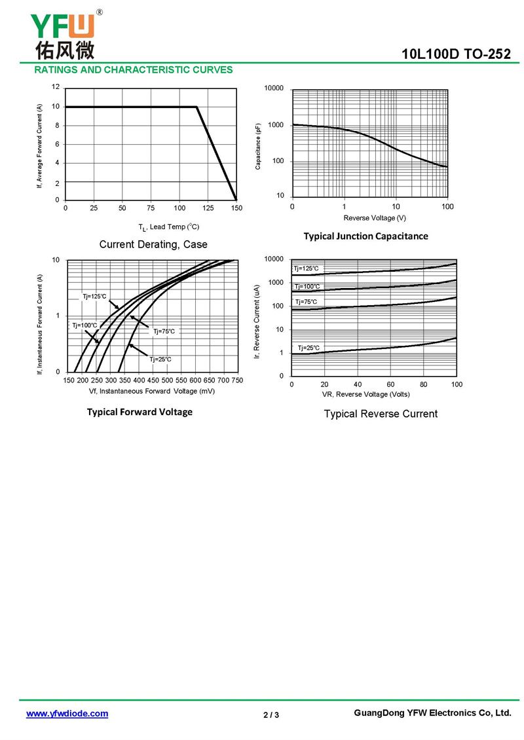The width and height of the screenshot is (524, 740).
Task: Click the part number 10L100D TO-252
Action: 457,54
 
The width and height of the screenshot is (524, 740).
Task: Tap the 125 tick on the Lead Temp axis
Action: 208,208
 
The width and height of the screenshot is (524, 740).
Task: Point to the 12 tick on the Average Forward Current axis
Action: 56,87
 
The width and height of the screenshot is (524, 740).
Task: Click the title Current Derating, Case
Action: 153,244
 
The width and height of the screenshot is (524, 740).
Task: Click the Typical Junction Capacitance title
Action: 365,236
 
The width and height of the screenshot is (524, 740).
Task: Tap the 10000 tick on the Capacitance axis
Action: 274,88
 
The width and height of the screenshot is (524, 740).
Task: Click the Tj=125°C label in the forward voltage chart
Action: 94,297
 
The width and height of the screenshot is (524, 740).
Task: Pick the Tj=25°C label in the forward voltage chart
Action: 160,359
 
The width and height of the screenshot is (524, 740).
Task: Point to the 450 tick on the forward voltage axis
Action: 153,380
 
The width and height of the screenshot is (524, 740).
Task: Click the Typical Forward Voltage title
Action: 140,412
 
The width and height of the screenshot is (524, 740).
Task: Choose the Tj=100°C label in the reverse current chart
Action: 307,286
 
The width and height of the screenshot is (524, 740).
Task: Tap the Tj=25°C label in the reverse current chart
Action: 309,348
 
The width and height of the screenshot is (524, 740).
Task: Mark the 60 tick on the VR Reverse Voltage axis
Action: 390,384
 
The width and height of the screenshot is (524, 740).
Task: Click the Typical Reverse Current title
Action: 381,414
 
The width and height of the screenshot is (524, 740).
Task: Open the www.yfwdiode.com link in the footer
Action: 67,714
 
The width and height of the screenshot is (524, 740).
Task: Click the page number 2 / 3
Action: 271,714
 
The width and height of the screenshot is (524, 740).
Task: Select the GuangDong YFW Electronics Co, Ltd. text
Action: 432,713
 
